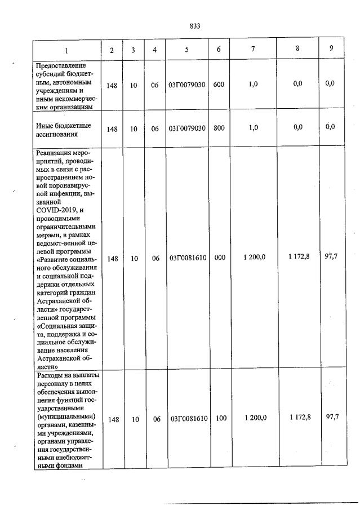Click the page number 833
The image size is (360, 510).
pos(195,26)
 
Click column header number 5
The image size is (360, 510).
pos(186,50)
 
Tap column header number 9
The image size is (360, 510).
pos(331,48)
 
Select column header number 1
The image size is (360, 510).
pos(66,50)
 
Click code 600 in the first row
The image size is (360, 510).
pos(219,84)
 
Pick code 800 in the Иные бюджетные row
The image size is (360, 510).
pos(219,128)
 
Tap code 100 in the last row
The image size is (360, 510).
pos(221,418)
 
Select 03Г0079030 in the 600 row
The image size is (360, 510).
pos(186,85)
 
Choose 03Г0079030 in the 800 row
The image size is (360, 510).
pos(186,128)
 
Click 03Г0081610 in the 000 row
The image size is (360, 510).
pos(188,258)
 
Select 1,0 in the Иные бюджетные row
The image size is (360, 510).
pos(254,127)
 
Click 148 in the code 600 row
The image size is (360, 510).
pos(112,85)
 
